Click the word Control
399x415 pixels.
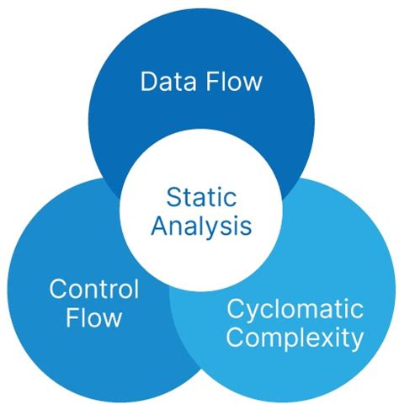coord(93,290)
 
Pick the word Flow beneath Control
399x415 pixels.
coord(93,318)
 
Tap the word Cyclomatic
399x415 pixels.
coord(295,309)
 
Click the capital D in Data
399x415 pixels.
coord(149,82)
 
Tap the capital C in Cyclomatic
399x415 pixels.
coord(236,309)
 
